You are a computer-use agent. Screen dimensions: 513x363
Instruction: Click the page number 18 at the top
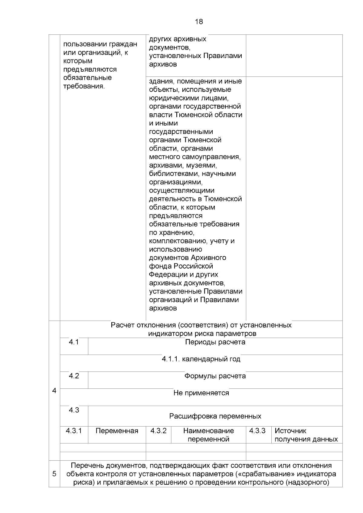[x=199, y=22]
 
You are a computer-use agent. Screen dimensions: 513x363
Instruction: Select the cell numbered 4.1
[x=74, y=342]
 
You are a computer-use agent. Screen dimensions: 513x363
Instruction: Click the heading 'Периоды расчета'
[x=215, y=342]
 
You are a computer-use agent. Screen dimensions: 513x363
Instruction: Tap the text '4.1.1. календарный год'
[x=201, y=359]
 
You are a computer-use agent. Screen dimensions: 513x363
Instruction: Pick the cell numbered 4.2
[x=74, y=376]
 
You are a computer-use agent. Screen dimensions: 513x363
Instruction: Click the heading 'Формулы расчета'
[x=215, y=376]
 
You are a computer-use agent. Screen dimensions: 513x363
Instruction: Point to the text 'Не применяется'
[x=201, y=393]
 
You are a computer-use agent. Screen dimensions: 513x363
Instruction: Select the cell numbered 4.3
[x=74, y=410]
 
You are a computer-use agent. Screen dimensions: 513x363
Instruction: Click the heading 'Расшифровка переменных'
[x=215, y=416]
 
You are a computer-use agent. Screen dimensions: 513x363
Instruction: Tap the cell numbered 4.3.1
[x=74, y=431]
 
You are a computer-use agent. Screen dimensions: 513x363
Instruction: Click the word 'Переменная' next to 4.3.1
[x=117, y=431]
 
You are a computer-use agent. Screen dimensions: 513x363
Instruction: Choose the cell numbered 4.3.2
[x=159, y=431]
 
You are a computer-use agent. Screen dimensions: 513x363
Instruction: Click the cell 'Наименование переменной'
[x=208, y=435]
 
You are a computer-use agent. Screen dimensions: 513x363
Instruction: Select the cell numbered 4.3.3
[x=257, y=431]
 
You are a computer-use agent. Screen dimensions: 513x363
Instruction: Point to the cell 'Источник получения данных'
[x=306, y=435]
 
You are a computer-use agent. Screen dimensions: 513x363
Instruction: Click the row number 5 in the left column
[x=54, y=474]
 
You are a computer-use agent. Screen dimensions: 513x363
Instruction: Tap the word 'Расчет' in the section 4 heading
[x=123, y=325]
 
